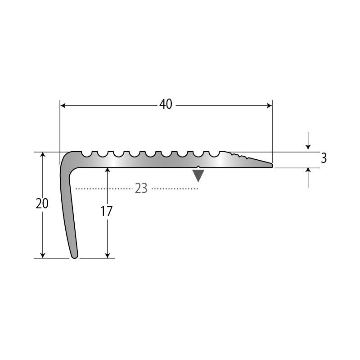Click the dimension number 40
point(166,104)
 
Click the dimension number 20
point(42,203)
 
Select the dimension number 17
point(107,211)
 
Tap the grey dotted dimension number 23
point(141,189)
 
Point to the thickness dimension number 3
point(324,158)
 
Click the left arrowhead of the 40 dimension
point(63,106)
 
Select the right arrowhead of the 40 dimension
point(269,106)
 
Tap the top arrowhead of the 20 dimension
point(43,154)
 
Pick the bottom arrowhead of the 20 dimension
point(43,255)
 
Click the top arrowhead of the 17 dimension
point(108,171)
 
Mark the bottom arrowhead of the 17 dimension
point(108,255)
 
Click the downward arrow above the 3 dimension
point(308,141)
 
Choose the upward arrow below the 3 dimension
point(308,178)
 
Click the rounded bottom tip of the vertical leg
point(75,256)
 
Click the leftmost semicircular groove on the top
point(86,154)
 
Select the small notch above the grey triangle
point(198,166)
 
